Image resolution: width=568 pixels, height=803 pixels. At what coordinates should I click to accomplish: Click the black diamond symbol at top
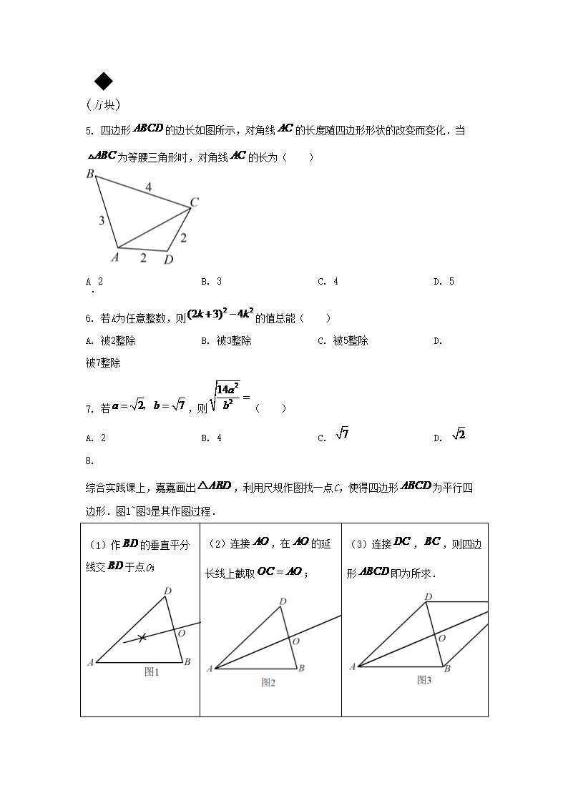coord(104,82)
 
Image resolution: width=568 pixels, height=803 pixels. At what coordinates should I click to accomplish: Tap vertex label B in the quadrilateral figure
coord(90,174)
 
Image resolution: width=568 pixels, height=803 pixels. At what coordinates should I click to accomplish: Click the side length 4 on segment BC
coord(149,187)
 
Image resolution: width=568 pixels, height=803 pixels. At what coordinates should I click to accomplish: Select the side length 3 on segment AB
coord(102,221)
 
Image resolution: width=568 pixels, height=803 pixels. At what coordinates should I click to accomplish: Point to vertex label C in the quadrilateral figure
coord(194,203)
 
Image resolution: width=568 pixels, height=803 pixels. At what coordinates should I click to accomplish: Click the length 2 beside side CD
coord(183,238)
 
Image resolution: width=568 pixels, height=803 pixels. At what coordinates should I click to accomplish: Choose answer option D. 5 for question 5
coord(444,282)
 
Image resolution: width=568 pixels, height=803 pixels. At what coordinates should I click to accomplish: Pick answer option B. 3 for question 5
coord(211,282)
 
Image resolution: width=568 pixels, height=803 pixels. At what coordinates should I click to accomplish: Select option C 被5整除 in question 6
coord(343,341)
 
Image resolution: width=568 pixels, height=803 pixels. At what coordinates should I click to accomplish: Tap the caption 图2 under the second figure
coord(268,683)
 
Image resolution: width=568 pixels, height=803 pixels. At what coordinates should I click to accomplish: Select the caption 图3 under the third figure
coord(424,680)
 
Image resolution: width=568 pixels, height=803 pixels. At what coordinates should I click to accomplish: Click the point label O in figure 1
coord(181,634)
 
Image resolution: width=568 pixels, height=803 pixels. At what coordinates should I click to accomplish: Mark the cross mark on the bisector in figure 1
coord(142,636)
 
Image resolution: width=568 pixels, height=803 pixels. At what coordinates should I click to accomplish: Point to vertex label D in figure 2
coord(283,601)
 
